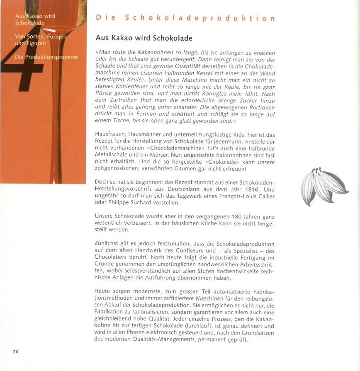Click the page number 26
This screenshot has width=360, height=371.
coord(16,352)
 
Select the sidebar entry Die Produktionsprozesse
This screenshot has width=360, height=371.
coord(46,57)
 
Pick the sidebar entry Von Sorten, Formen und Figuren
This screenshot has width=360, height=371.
coord(40,40)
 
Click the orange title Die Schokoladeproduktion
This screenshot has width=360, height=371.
coord(185,18)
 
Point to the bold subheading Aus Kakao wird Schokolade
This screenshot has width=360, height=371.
coord(144,38)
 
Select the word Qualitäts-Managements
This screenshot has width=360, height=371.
coord(168,339)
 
